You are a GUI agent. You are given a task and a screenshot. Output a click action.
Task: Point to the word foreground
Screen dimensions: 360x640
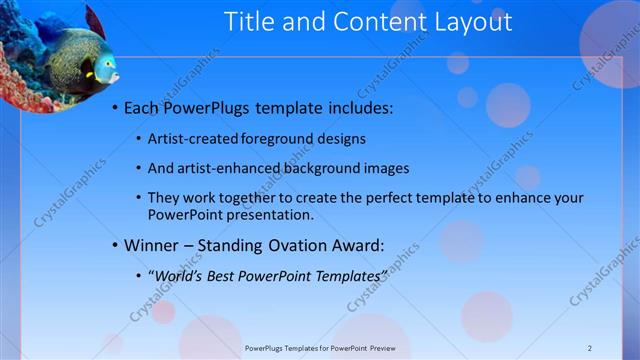pos(288,138)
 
